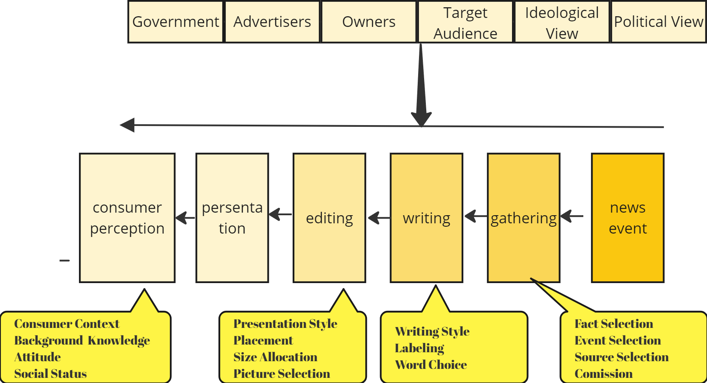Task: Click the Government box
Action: [x=175, y=22]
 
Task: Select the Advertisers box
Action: [x=272, y=22]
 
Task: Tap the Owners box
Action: [x=369, y=22]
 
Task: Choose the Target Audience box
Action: [x=465, y=22]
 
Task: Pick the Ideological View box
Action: [x=562, y=22]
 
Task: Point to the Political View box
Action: [x=658, y=22]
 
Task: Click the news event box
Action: [x=628, y=218]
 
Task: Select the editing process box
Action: [x=329, y=218]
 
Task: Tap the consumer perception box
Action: [x=127, y=218]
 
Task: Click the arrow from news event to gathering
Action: [x=572, y=216]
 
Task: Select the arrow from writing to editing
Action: [x=378, y=218]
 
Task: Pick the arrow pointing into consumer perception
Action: [x=185, y=218]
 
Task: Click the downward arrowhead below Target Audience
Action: [x=421, y=117]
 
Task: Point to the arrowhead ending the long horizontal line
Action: [x=127, y=125]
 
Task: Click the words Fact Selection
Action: [x=614, y=324]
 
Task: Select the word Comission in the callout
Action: [x=603, y=374]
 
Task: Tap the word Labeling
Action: [x=419, y=348]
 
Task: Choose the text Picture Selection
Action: [x=282, y=374]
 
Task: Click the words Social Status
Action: [x=50, y=374]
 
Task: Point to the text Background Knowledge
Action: [x=82, y=340]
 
